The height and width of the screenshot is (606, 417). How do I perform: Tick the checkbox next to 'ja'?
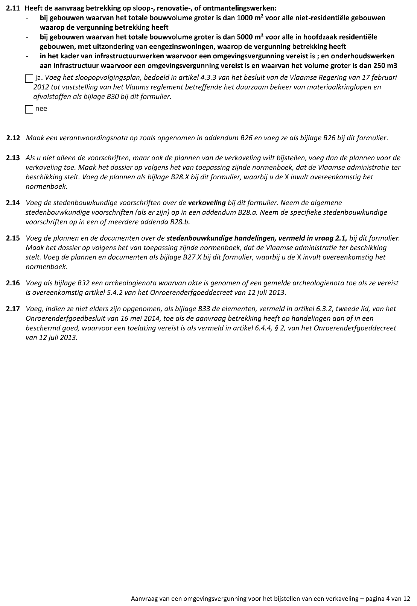(x=29, y=79)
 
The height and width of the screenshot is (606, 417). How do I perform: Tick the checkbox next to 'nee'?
(x=29, y=109)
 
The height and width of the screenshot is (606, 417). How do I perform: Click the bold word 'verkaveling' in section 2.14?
(x=207, y=203)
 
